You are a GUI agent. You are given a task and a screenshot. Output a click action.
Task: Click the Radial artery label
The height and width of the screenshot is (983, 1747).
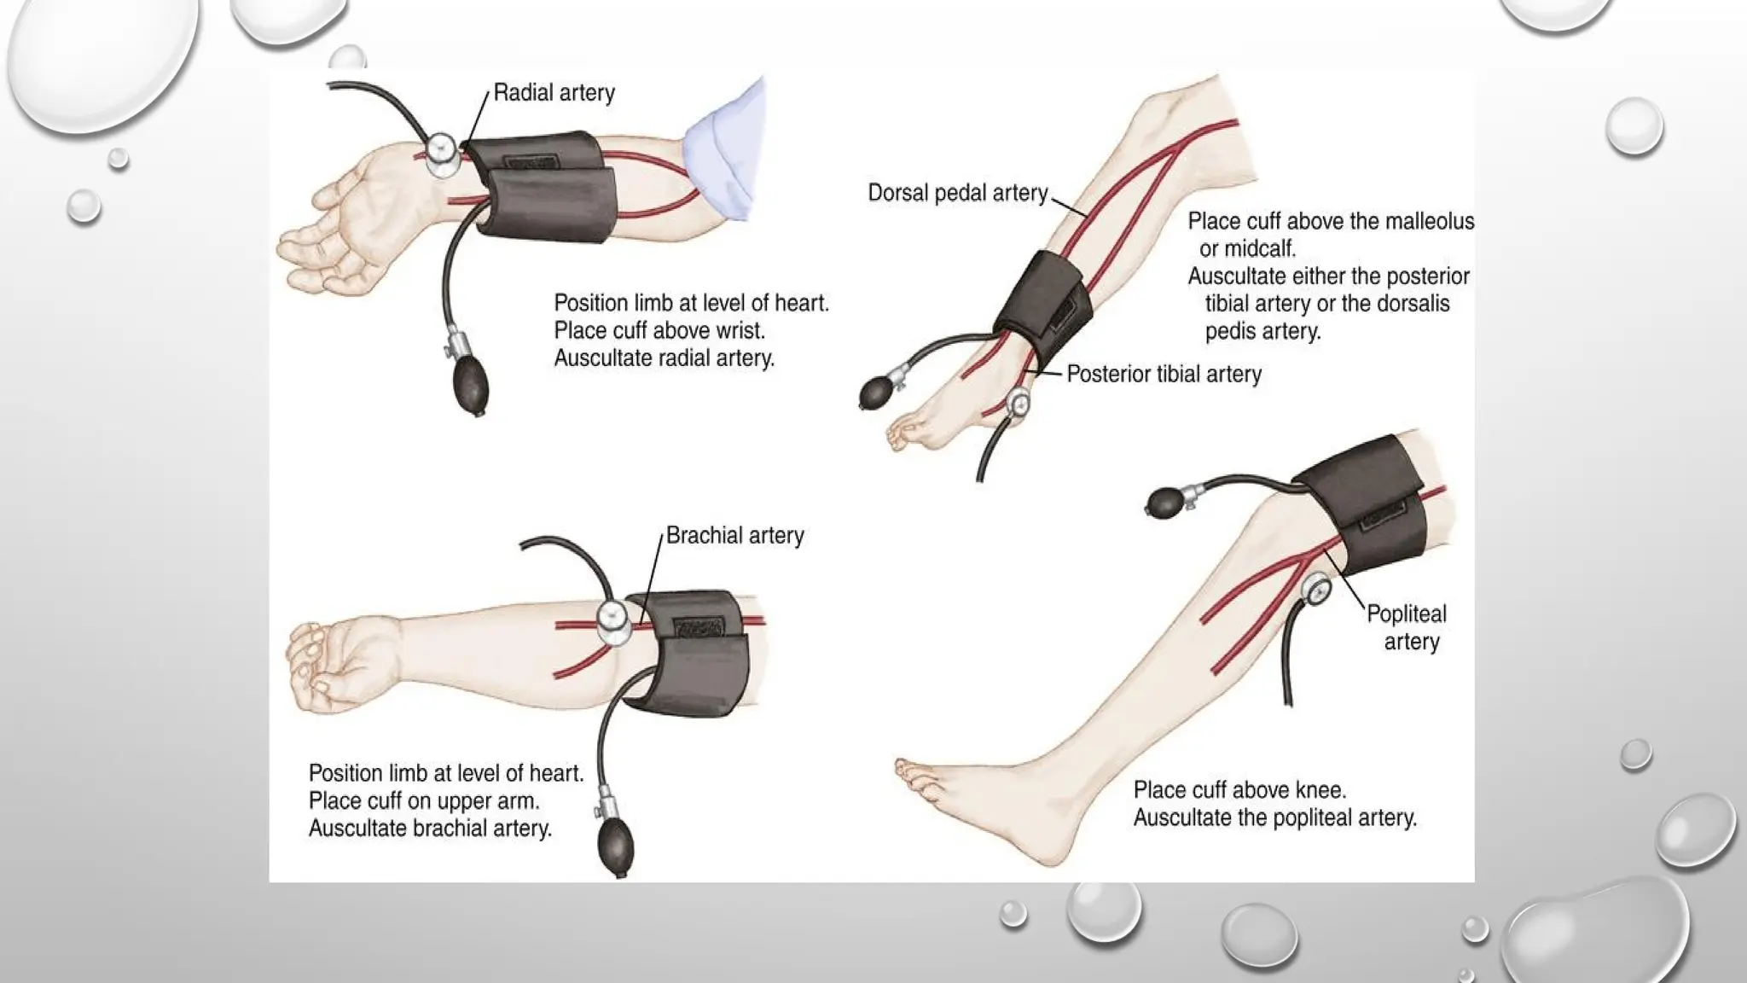[554, 92]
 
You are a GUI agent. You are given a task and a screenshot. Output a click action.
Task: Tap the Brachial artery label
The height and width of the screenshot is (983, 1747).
[734, 535]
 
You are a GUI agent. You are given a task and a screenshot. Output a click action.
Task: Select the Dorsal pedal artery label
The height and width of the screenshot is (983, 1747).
[957, 193]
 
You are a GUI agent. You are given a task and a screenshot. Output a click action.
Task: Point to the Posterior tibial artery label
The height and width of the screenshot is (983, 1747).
[1164, 374]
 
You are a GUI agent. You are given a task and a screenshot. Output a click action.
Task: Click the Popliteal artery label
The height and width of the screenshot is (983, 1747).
[1407, 627]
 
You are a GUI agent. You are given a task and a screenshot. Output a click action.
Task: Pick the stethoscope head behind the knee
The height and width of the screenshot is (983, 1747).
[1316, 590]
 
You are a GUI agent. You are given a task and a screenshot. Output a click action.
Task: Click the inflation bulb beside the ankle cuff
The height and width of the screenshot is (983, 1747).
[877, 393]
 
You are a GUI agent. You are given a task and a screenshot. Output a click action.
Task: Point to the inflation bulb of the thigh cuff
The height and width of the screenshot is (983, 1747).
[1165, 502]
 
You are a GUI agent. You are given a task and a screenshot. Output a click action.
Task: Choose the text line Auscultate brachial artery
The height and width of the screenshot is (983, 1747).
[430, 828]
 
